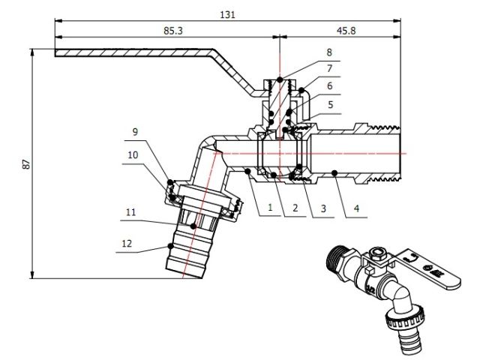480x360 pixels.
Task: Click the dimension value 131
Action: [x=226, y=15]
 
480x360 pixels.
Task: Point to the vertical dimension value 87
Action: [x=25, y=163]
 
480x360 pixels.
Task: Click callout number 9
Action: [x=135, y=132]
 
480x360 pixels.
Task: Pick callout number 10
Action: [x=133, y=154]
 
